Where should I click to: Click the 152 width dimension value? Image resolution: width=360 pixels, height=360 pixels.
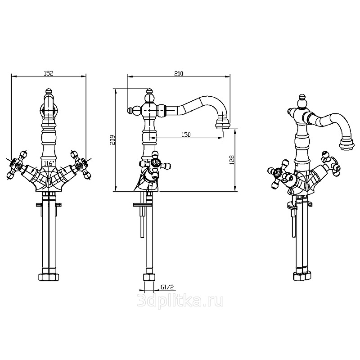tap(49, 73)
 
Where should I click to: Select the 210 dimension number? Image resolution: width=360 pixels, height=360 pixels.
tap(179, 73)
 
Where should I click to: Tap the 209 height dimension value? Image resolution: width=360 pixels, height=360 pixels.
tap(112, 139)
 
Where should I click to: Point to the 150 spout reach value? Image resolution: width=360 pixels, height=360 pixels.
tap(186, 135)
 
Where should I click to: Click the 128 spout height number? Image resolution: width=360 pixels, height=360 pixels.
tap(232, 160)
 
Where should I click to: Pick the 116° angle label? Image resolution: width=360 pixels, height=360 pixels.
tap(49, 163)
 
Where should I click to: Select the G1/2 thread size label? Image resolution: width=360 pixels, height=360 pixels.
tap(167, 287)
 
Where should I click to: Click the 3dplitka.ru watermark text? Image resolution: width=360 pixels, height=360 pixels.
tap(180, 301)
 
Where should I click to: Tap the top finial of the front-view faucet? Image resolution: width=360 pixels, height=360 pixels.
tap(48, 91)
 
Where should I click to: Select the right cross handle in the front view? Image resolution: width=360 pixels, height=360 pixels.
tap(81, 164)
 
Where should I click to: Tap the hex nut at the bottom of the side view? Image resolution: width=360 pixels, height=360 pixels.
tap(149, 277)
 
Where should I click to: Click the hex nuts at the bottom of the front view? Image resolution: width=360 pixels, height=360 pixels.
tap(49, 277)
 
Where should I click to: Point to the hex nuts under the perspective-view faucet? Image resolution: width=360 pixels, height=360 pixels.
tap(302, 276)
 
